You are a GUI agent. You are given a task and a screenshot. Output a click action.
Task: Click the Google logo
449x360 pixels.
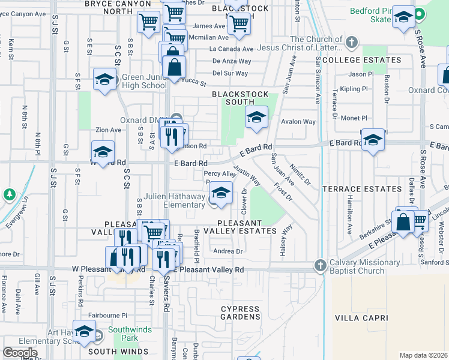click(x=20, y=353)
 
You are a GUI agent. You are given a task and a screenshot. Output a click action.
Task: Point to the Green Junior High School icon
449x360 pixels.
click(x=105, y=80)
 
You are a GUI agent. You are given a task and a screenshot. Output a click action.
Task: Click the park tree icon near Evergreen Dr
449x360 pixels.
click(x=9, y=194)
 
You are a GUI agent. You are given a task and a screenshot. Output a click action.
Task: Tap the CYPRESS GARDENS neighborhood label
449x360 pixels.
click(x=241, y=313)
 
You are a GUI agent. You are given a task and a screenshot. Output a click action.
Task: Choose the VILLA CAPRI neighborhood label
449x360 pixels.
click(x=360, y=317)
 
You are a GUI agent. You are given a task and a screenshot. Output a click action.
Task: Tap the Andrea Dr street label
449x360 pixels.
click(x=228, y=251)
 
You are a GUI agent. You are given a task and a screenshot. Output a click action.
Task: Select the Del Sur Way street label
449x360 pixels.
click(x=230, y=73)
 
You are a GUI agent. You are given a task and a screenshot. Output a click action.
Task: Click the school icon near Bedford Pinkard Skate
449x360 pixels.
click(x=403, y=19)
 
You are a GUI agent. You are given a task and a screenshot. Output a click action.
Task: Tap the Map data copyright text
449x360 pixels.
click(x=423, y=355)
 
